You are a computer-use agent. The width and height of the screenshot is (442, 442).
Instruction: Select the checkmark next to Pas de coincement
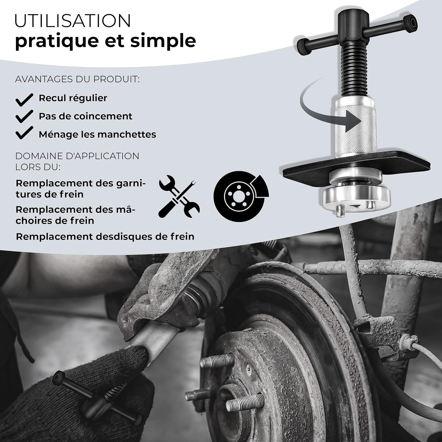(x=24, y=116)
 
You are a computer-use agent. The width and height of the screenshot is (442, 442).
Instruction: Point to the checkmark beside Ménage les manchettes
(x=24, y=133)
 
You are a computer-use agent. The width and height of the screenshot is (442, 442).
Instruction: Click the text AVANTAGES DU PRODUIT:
(x=77, y=79)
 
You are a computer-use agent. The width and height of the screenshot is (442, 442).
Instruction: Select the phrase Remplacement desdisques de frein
(x=105, y=237)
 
